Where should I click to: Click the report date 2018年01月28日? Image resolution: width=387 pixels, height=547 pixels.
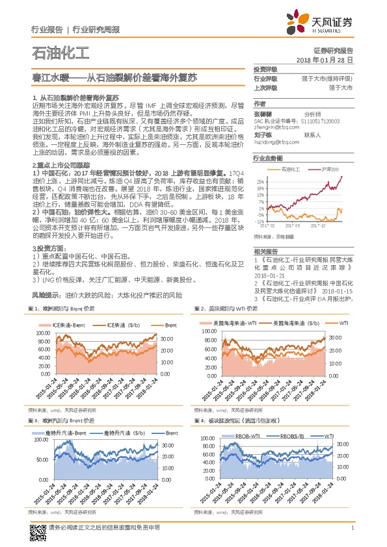pos(325,59)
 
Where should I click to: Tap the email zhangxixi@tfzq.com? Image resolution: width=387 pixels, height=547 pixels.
pos(273,125)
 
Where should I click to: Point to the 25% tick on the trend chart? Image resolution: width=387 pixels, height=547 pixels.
pos(260,181)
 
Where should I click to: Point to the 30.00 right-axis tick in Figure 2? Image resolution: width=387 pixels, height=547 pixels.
pos(334,338)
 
